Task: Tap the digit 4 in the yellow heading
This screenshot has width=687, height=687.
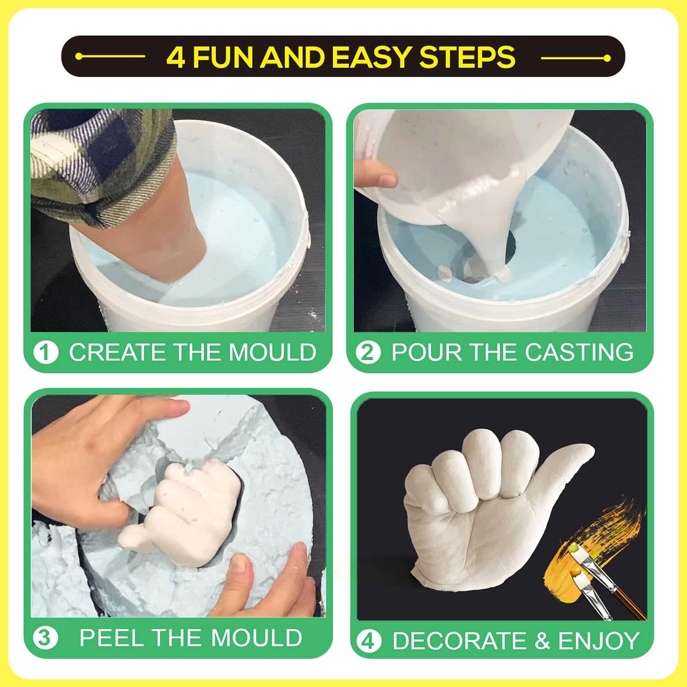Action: tap(176, 57)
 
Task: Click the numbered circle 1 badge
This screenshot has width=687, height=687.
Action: tap(46, 353)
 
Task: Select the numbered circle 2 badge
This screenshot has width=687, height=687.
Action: tap(368, 353)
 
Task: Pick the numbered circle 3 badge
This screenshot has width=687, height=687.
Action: tap(45, 638)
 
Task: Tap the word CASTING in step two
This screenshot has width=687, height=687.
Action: tap(579, 352)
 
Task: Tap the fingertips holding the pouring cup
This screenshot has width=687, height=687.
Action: tap(376, 174)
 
